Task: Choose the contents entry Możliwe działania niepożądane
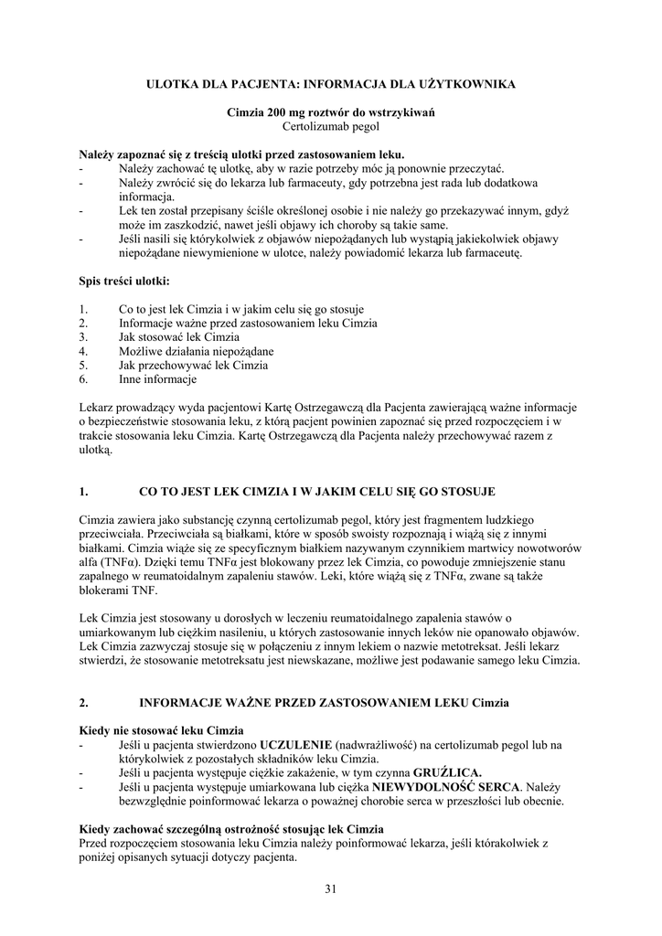[x=196, y=351]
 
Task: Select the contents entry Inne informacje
[x=157, y=378]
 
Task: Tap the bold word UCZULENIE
[x=297, y=745]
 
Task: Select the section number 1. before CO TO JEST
[x=83, y=491]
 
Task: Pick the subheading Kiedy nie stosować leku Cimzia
[x=161, y=730]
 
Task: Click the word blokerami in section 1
[x=103, y=590]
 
